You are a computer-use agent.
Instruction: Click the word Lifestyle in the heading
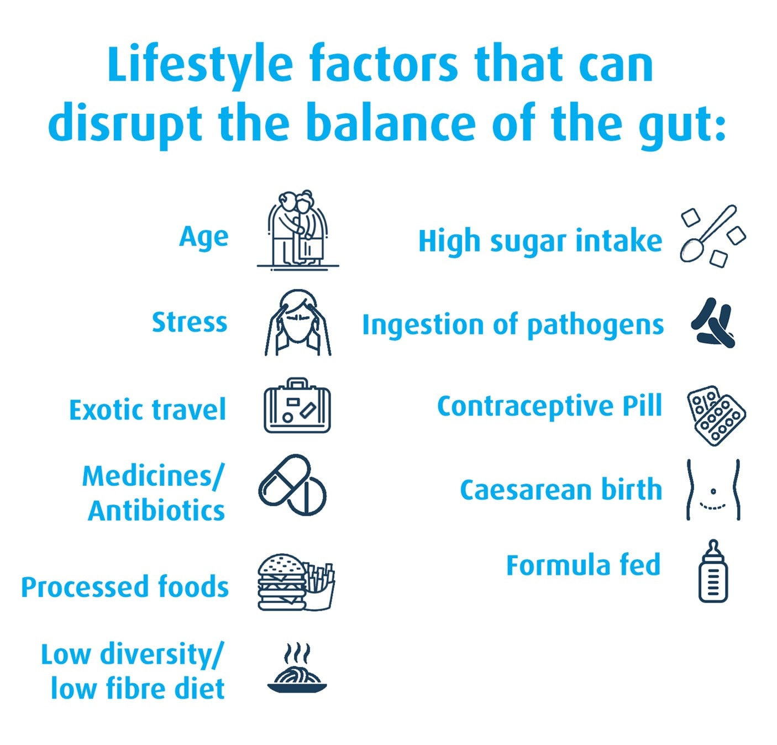coord(200,65)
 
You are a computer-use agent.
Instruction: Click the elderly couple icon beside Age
coord(297,229)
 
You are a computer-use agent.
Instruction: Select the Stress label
coord(189,322)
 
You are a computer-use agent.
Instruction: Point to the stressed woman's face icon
coord(298,323)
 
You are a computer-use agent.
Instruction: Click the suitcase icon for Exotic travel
coord(297,407)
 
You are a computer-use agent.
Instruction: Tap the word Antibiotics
coord(156,511)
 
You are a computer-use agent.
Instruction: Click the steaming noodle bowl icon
coord(297,670)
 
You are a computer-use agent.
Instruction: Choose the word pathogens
coord(595,326)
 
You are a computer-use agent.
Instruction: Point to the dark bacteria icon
coord(713,323)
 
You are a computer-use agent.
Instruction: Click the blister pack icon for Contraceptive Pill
coord(716,415)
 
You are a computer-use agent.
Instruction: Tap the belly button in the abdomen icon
coord(713,491)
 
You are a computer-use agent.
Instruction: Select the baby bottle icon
coord(713,572)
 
